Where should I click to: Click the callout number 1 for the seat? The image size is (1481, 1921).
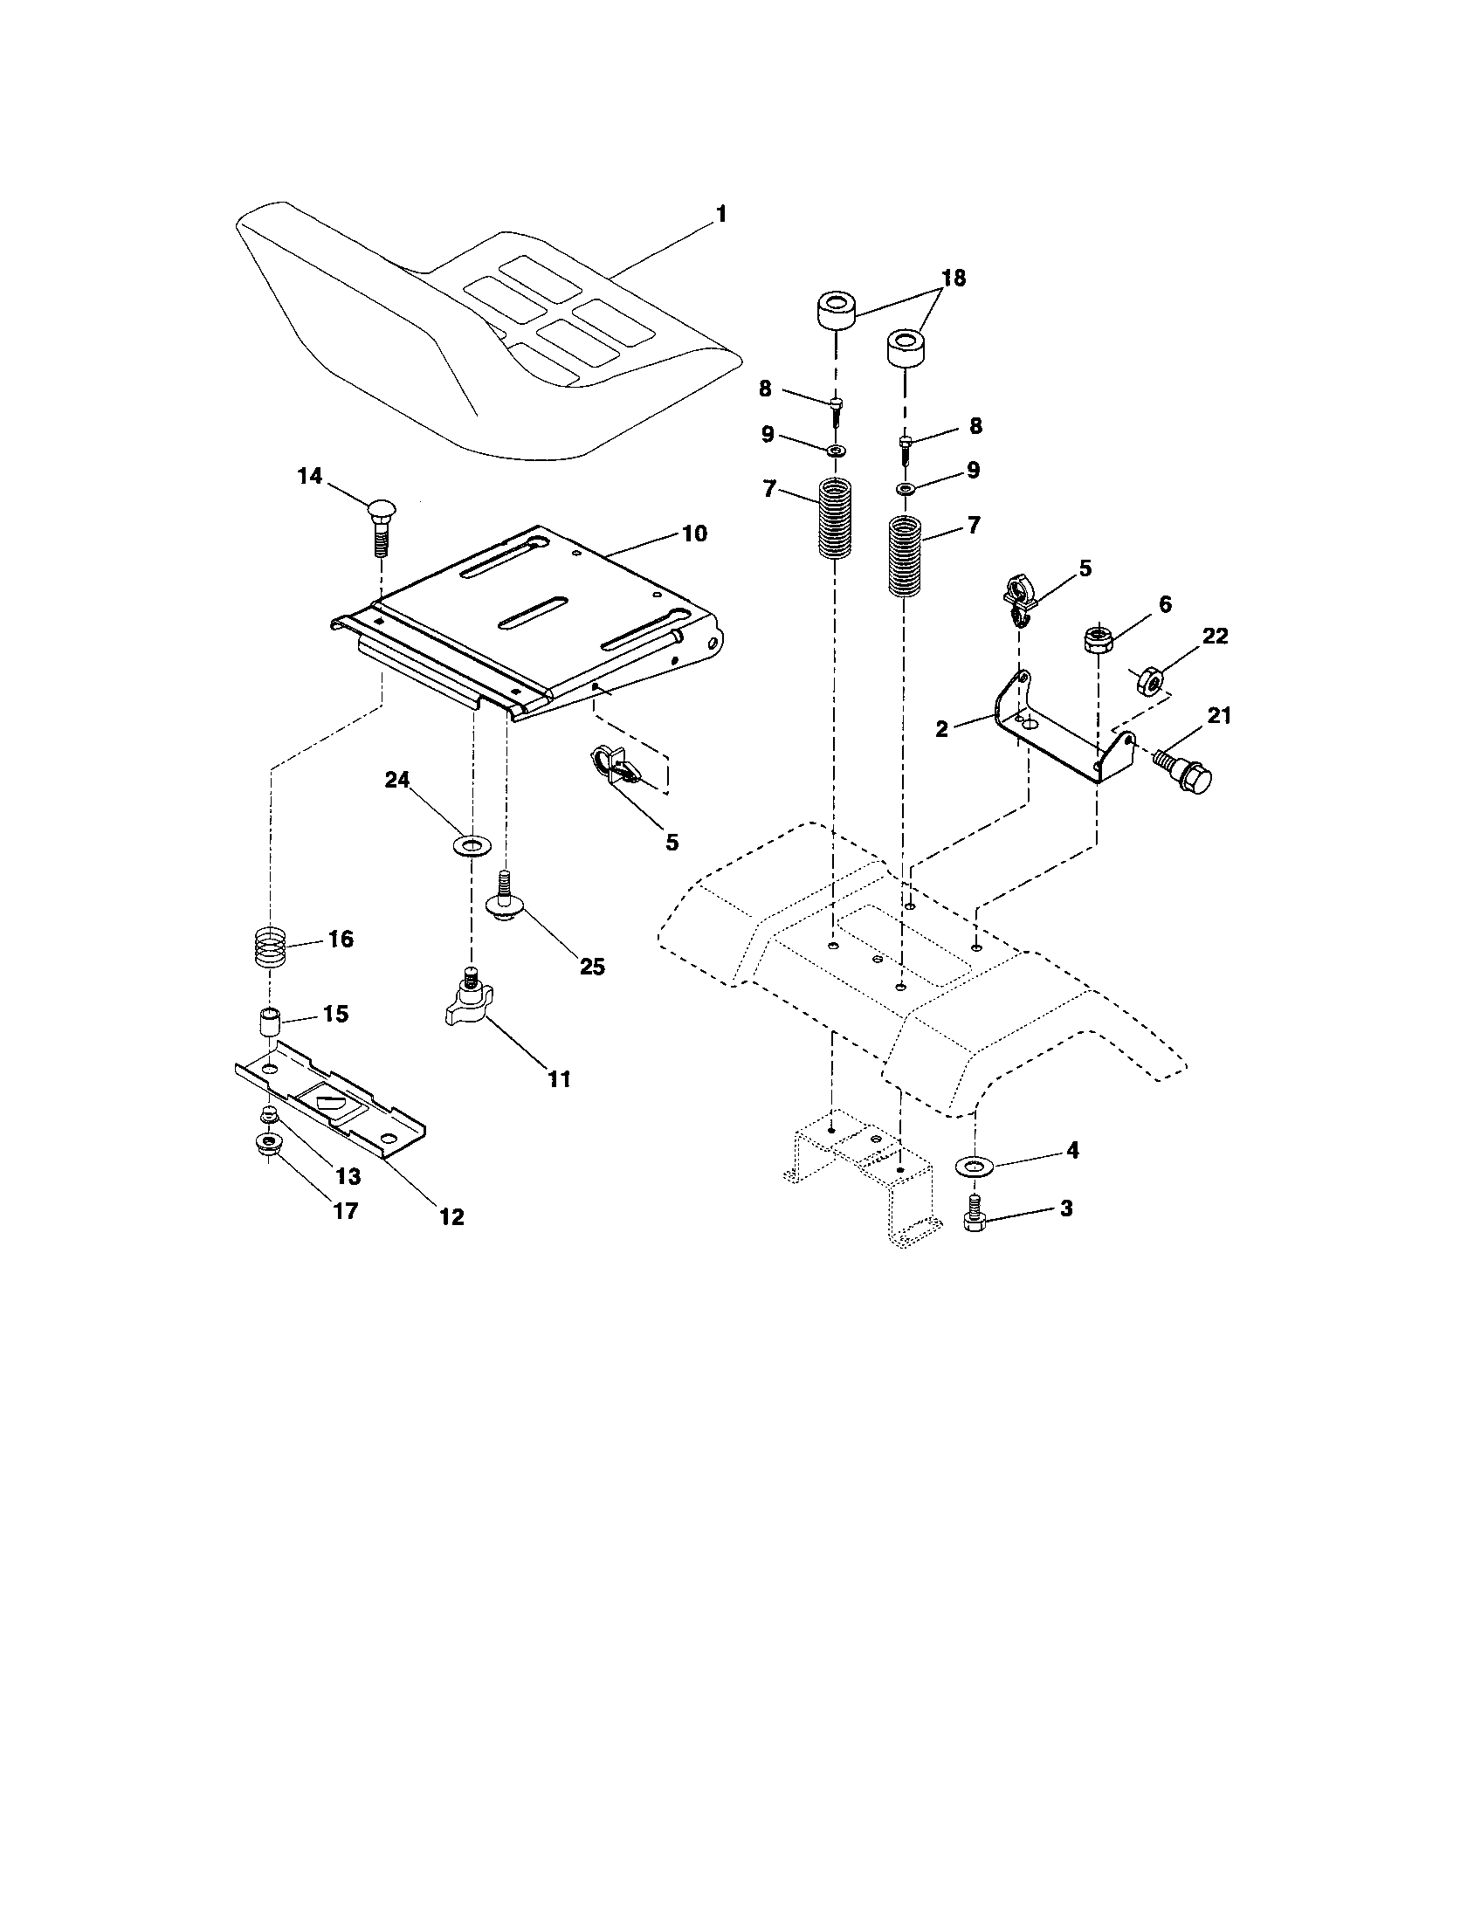coord(721,214)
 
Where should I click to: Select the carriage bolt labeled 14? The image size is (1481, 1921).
coord(381,525)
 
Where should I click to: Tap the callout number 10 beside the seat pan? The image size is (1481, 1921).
coord(694,534)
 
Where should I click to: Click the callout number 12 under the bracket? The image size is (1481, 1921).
coord(452,1216)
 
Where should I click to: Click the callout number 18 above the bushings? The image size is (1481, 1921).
coord(954,278)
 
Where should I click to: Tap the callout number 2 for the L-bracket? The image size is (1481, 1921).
coord(942,728)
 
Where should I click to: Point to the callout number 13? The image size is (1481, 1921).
coord(348,1177)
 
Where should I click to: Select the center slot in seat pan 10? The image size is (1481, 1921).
coord(532,612)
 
